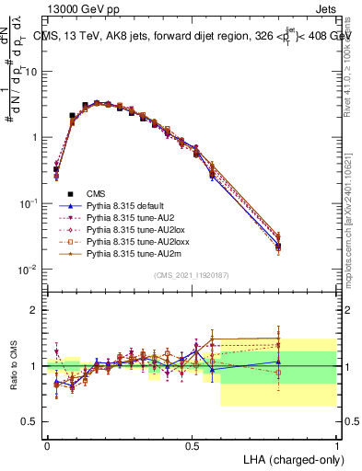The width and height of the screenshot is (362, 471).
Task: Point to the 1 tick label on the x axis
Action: coord(337,444)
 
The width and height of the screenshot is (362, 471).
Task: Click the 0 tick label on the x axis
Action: coord(46,444)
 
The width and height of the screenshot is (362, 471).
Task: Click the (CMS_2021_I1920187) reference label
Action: coord(191,275)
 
